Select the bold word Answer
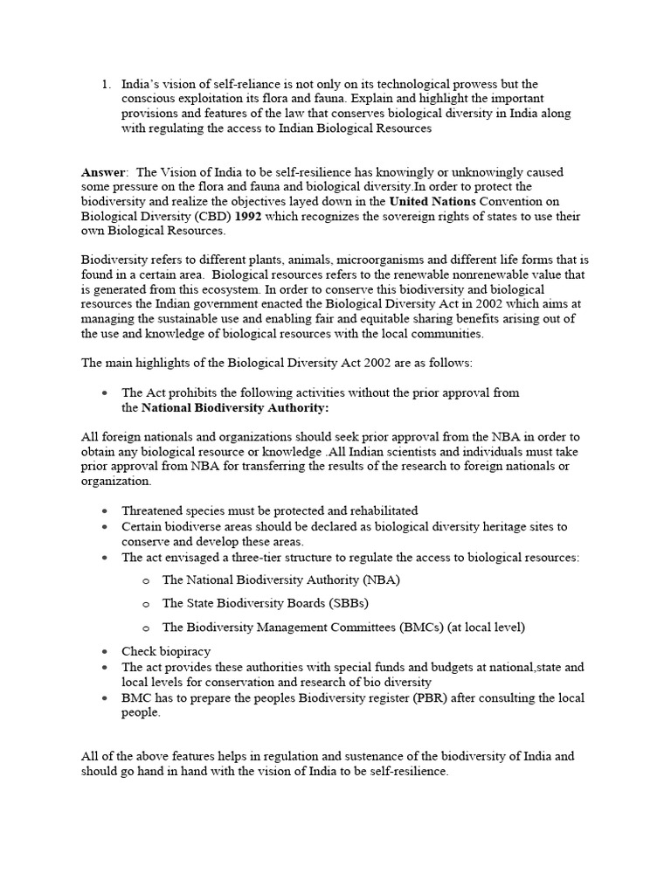(x=103, y=172)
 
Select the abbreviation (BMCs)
(x=415, y=628)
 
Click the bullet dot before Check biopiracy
(x=105, y=652)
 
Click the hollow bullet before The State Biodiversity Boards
(x=145, y=604)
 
